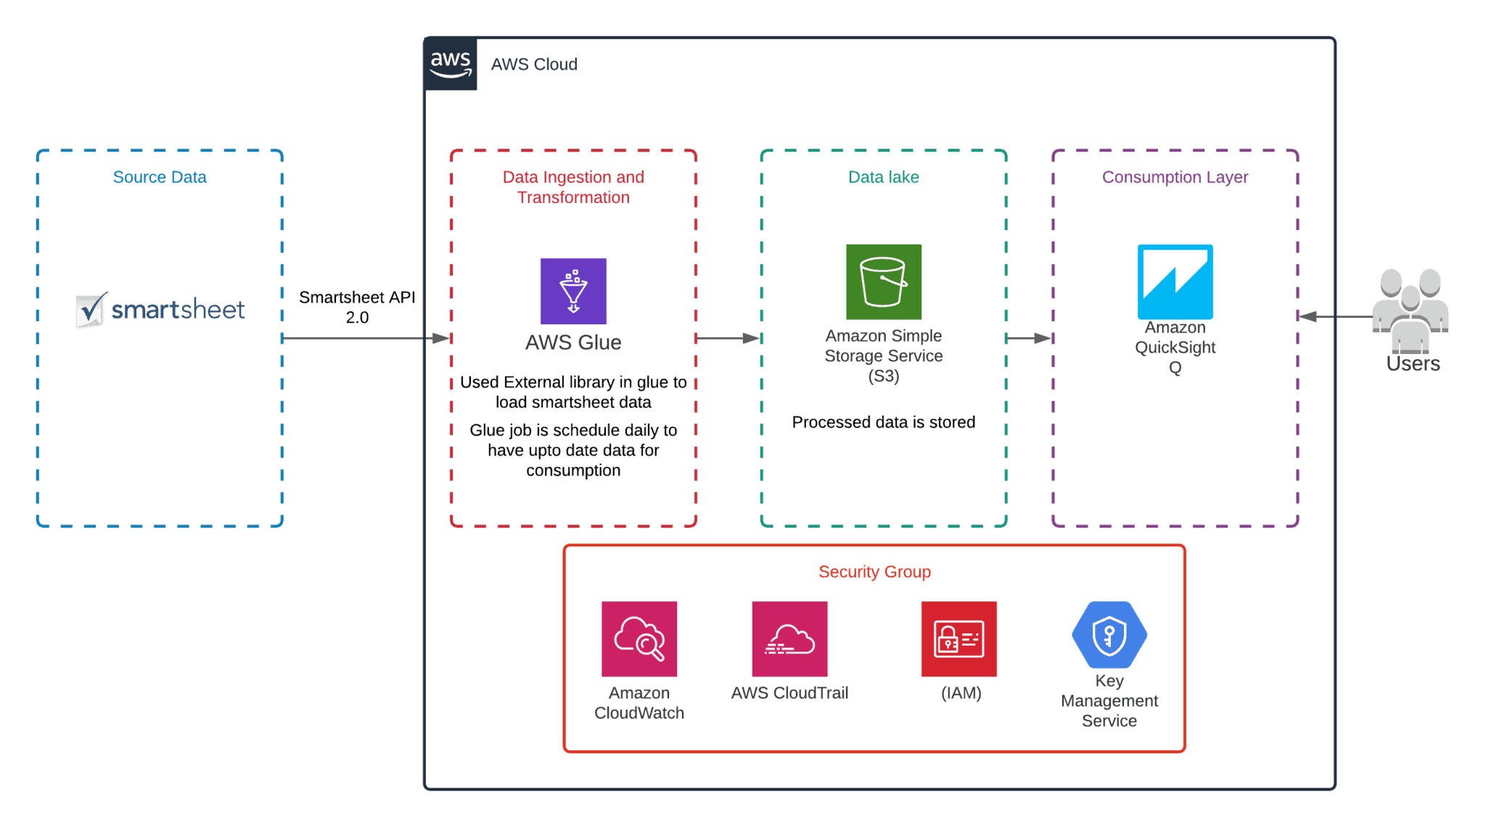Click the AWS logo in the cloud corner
451,64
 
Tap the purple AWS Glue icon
573,291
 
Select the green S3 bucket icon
884,281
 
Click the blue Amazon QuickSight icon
1175,281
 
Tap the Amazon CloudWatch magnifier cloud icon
639,638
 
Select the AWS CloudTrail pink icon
789,638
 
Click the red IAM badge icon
958,638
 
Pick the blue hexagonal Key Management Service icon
1109,635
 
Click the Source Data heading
160,177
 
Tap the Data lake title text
883,177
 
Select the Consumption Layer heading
1175,177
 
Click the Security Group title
874,572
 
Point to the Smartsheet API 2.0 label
357,307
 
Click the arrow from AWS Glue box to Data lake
728,338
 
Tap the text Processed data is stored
883,422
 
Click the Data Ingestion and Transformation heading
573,187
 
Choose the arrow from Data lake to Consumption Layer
1029,338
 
